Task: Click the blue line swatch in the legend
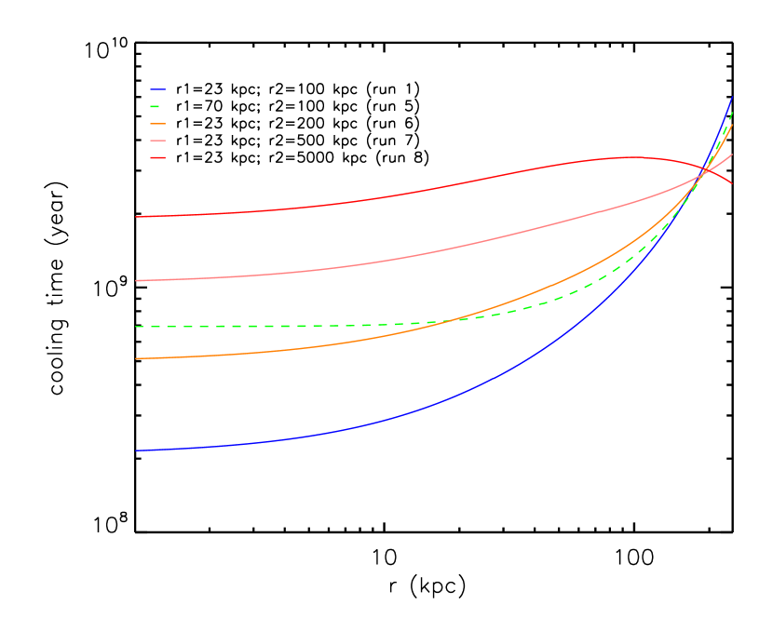click(158, 90)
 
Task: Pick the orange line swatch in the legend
click(158, 124)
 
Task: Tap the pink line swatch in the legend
click(158, 141)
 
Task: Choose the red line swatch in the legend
click(158, 157)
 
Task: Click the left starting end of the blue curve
click(136, 450)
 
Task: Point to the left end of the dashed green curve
click(136, 327)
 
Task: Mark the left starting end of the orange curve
click(136, 358)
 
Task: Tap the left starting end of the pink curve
click(136, 280)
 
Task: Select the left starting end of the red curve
click(136, 217)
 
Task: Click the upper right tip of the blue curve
click(732, 97)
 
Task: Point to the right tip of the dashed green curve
click(732, 112)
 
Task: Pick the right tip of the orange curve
click(732, 126)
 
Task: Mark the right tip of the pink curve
click(732, 154)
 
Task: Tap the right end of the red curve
click(732, 182)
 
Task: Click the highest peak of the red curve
click(633, 157)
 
